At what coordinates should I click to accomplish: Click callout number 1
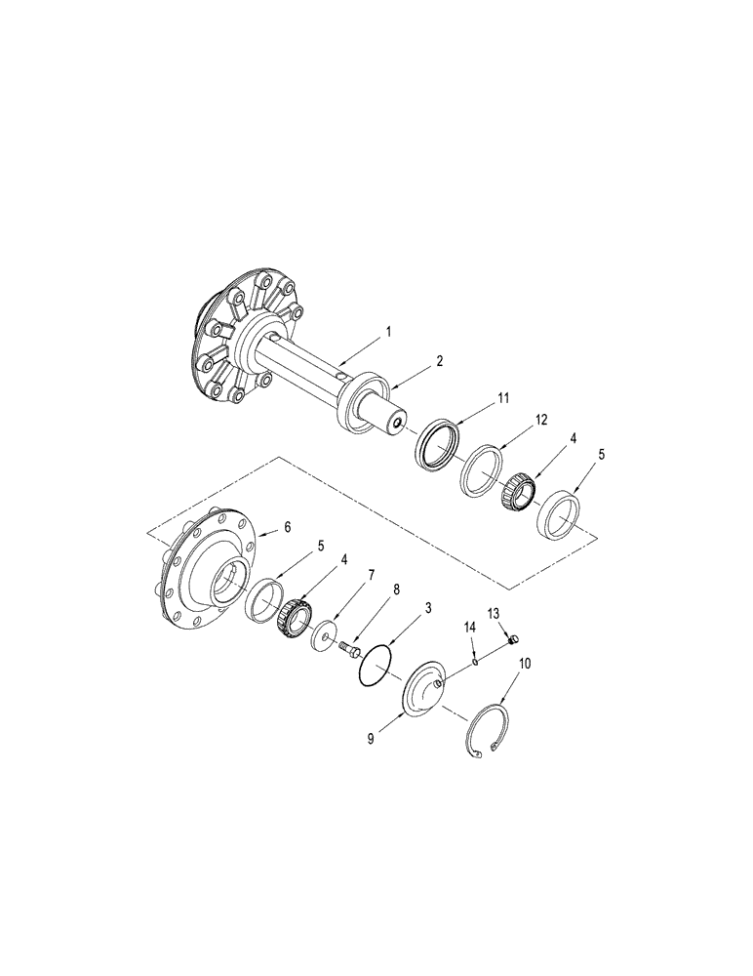(x=388, y=332)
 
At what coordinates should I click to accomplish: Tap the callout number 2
(x=440, y=361)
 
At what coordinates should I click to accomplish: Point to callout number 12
(x=541, y=419)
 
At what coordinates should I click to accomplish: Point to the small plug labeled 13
(x=513, y=640)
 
